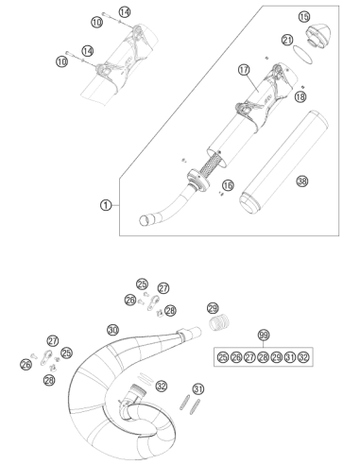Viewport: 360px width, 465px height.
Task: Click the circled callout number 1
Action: click(x=106, y=205)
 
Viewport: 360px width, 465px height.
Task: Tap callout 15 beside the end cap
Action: click(x=304, y=17)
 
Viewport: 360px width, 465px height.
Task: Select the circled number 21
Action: click(x=287, y=40)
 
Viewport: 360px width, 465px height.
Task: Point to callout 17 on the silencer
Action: click(x=244, y=70)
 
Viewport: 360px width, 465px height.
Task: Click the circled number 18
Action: click(x=300, y=96)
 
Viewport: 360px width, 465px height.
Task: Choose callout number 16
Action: click(x=228, y=185)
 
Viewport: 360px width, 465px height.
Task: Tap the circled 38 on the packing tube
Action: click(x=302, y=181)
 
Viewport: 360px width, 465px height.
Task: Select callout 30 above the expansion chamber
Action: click(x=112, y=330)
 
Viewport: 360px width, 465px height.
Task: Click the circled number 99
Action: click(x=264, y=335)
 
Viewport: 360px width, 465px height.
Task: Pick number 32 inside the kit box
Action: click(x=303, y=357)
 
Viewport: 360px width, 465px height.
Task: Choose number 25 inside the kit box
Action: click(x=223, y=357)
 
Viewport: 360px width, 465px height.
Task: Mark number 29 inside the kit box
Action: click(x=277, y=357)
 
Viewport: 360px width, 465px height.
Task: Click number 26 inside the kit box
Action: click(x=236, y=357)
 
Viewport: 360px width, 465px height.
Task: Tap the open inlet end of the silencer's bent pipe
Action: click(x=145, y=220)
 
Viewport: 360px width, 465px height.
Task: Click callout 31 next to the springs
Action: click(x=198, y=389)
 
